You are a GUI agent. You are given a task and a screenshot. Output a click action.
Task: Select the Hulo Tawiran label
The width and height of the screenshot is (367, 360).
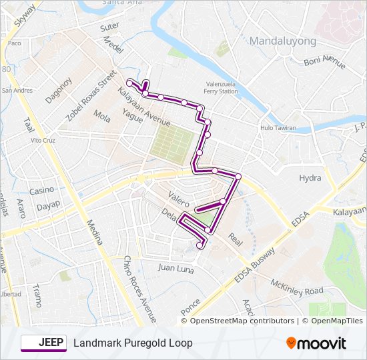pos(278,127)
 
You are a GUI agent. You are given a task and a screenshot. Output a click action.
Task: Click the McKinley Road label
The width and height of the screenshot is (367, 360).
pos(296,287)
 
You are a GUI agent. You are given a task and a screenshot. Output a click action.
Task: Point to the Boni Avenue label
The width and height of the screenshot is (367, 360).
pos(324,61)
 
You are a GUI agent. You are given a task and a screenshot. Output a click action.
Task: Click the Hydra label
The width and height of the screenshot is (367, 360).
pos(310,178)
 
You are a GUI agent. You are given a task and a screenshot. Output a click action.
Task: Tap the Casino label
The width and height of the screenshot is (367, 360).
pos(41,191)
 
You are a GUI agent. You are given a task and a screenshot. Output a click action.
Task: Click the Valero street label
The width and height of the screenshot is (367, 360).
pos(179,199)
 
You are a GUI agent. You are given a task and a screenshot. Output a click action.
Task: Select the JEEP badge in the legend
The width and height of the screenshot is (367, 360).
pos(43,343)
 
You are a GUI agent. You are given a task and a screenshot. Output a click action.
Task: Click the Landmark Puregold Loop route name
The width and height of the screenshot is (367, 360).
pos(133,343)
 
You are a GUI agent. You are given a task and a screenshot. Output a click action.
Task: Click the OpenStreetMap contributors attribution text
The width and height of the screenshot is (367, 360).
pos(242,321)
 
